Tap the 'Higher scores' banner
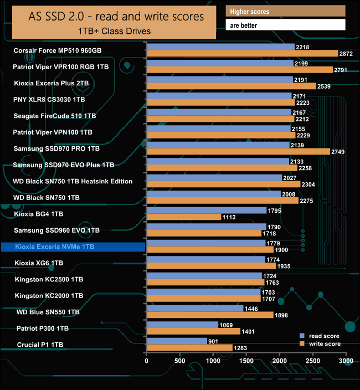pyautogui.click(x=285, y=12)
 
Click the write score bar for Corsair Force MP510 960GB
pyautogui.click(x=242, y=53)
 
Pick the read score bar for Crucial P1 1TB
pyautogui.click(x=177, y=341)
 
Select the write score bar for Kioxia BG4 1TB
pyautogui.click(x=183, y=217)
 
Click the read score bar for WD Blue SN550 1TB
pyautogui.click(x=195, y=309)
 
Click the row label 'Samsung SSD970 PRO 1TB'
pyautogui.click(x=56, y=148)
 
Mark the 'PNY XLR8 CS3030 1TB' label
pyautogui.click(x=49, y=100)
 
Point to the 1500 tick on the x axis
pyautogui.click(x=246, y=361)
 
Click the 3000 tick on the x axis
pyautogui.click(x=346, y=361)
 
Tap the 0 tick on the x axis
pyautogui.click(x=147, y=361)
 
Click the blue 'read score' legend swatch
pyautogui.click(x=302, y=336)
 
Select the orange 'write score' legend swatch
pyautogui.click(x=302, y=344)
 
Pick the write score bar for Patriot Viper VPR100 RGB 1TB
pyautogui.click(x=240, y=70)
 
